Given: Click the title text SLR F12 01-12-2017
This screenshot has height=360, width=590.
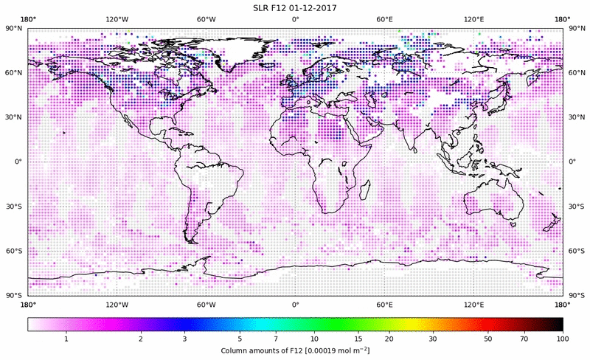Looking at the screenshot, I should pos(295,7).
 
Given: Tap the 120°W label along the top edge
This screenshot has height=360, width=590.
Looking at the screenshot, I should pos(117,18).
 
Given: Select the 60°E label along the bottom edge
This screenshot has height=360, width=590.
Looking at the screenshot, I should pos(384,304).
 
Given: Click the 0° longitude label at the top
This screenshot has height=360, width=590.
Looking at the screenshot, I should pos(295,18).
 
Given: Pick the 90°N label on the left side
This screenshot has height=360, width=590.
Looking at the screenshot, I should pos(14,28).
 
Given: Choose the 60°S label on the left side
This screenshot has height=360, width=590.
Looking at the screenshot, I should pos(14,251).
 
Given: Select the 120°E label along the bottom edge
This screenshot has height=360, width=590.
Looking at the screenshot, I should pos(473,304).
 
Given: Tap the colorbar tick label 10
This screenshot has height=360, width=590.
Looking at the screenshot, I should pos(315,338).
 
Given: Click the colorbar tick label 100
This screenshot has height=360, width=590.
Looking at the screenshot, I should pos(563,338).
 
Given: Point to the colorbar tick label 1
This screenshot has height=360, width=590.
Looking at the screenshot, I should pos(66,338).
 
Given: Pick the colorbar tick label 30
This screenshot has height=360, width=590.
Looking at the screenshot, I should pos(433,338).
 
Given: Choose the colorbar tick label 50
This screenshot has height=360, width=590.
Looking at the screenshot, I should pos(489,338).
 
